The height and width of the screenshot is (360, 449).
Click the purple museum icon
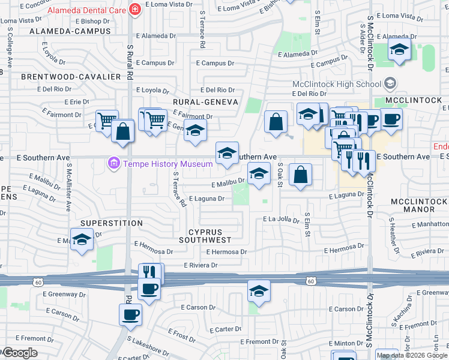(x=112, y=163)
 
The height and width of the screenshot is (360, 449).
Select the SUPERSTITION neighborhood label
(x=112, y=223)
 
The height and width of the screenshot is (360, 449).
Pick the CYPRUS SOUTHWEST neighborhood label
(x=205, y=235)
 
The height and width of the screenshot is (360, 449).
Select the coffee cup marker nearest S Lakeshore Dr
(x=130, y=314)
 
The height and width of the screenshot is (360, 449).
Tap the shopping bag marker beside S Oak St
(x=300, y=175)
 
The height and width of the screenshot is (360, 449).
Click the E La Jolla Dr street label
(x=281, y=220)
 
